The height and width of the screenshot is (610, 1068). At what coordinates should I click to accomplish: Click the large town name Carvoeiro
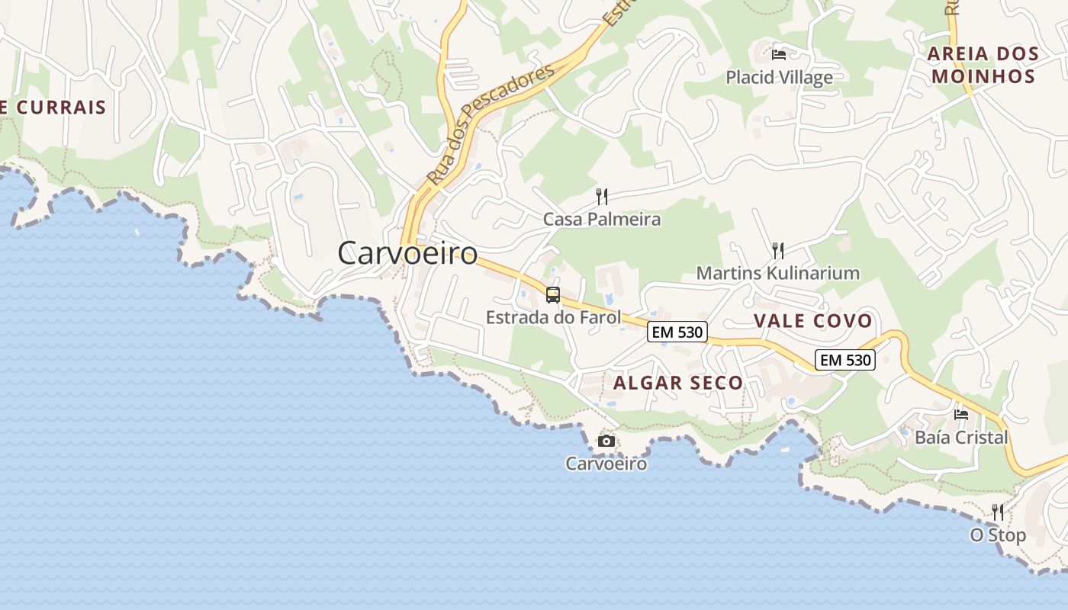click(x=407, y=253)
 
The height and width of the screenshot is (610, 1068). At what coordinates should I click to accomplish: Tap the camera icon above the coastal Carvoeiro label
click(x=606, y=441)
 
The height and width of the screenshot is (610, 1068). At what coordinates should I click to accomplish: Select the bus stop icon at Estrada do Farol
click(x=553, y=294)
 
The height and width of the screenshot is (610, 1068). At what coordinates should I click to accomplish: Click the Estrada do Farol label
click(x=553, y=317)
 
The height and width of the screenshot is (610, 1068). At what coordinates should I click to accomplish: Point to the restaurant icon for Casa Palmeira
click(x=602, y=197)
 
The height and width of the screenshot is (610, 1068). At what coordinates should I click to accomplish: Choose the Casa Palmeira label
click(x=602, y=220)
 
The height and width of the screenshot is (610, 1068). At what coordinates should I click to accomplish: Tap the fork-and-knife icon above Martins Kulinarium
click(x=778, y=250)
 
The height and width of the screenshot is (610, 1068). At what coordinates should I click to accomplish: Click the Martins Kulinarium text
click(x=778, y=273)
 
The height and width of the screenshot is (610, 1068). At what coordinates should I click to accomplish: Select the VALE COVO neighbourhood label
click(x=813, y=321)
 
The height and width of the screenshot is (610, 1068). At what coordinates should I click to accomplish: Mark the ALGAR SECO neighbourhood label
click(x=678, y=383)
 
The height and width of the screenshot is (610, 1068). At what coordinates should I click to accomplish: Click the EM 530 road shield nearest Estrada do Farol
click(x=677, y=332)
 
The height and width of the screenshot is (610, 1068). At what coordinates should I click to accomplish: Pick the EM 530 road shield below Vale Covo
click(x=845, y=360)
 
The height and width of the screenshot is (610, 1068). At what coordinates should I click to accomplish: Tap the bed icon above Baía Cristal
click(x=961, y=415)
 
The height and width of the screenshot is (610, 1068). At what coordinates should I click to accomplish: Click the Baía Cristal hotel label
click(x=961, y=438)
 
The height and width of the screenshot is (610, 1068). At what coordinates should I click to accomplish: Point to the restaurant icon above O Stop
click(x=998, y=512)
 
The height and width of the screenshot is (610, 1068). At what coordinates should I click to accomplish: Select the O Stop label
click(x=998, y=535)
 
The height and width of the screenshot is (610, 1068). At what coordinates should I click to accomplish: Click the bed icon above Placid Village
click(x=779, y=54)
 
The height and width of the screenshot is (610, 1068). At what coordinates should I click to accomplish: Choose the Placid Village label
click(x=779, y=77)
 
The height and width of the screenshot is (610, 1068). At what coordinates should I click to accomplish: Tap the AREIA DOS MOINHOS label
click(x=983, y=65)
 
